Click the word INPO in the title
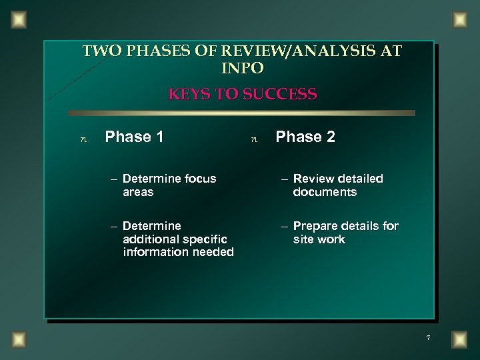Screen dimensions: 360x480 point(241,67)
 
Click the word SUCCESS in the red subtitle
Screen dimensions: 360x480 point(280,94)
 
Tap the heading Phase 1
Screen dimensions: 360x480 point(135,137)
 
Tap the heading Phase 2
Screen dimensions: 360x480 point(305,137)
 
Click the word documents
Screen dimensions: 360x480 point(325,192)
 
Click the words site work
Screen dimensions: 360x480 point(319,239)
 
